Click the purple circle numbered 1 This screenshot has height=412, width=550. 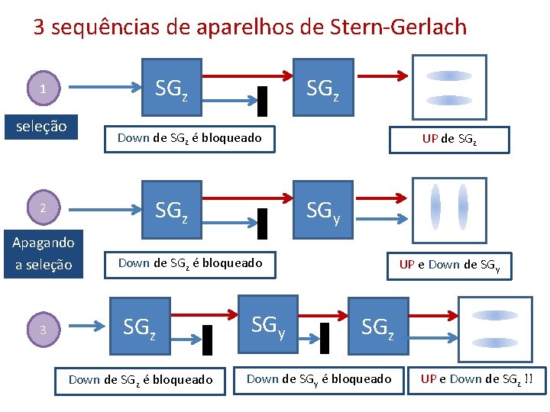(43, 89)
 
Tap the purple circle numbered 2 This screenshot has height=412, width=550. (43, 208)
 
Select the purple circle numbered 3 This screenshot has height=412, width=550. (43, 330)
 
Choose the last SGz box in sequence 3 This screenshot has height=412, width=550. (377, 328)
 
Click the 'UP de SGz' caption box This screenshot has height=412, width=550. (449, 139)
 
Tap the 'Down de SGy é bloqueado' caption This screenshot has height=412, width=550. (319, 379)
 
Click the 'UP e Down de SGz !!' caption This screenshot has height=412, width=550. (477, 379)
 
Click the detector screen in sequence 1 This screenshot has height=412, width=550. (449, 87)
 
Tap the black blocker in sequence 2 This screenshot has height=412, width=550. (262, 223)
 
